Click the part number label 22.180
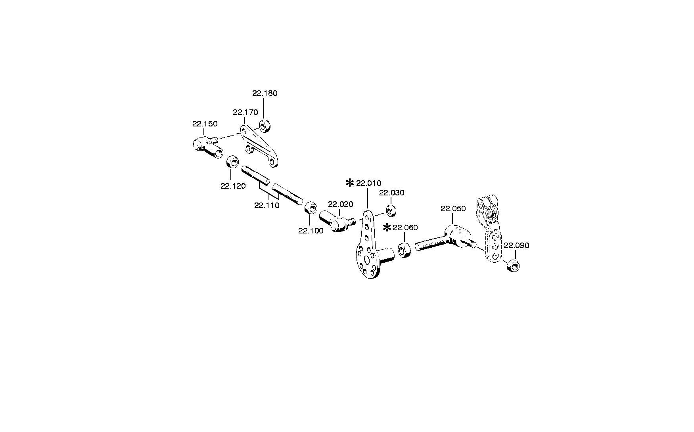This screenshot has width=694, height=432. (x=265, y=94)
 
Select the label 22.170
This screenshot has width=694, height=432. (x=245, y=112)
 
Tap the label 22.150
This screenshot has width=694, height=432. (x=205, y=124)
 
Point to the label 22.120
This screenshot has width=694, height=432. (x=233, y=186)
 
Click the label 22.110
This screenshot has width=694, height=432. (x=266, y=205)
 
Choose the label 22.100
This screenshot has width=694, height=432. (x=311, y=231)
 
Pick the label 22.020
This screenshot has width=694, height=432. (x=340, y=205)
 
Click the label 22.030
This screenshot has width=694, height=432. (x=391, y=193)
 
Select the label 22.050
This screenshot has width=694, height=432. (x=453, y=208)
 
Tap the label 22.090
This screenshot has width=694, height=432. (x=516, y=246)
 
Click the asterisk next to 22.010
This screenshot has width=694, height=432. (x=350, y=183)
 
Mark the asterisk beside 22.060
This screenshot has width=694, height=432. (x=387, y=228)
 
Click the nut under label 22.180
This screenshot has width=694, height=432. (x=265, y=126)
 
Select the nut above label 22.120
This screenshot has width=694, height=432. (x=232, y=162)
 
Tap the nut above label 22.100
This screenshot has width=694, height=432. (x=311, y=207)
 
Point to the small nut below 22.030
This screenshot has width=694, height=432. (x=391, y=211)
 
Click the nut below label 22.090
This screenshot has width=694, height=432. (x=513, y=265)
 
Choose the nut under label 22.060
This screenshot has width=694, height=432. (x=404, y=250)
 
